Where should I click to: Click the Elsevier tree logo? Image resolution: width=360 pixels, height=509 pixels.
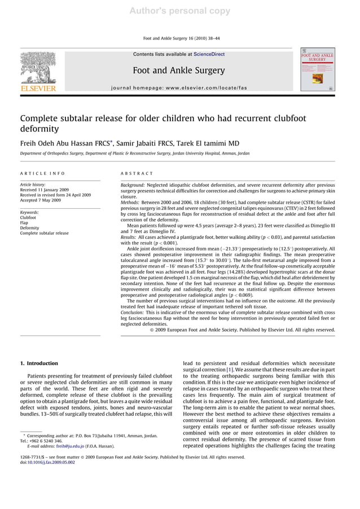coord(38,69)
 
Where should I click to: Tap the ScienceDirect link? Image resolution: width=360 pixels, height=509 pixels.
coord(209,54)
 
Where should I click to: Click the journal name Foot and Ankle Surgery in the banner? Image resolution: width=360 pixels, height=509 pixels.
coord(178,71)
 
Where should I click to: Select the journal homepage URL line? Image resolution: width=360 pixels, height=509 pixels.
coord(179,88)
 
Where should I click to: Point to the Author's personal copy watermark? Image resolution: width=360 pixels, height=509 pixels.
coord(179,11)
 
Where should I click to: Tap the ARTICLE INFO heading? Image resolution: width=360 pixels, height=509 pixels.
coord(42,173)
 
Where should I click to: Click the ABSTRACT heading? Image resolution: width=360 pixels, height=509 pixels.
coord(137,173)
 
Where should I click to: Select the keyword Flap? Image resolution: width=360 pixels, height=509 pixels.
coord(25,222)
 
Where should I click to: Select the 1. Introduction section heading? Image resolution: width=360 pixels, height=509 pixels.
coord(39,363)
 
